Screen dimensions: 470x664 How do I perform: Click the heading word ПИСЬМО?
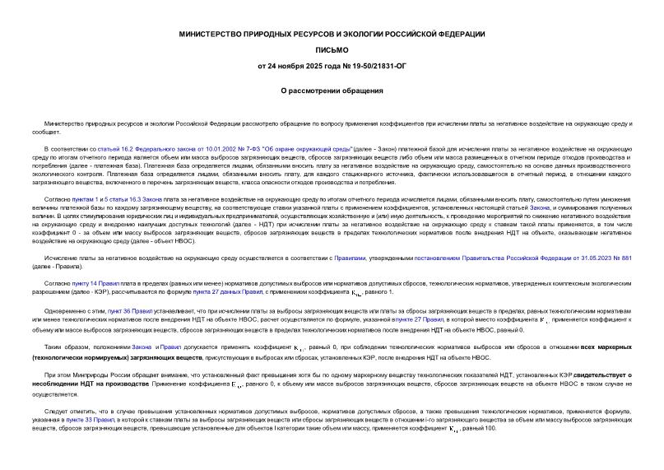point(332,49)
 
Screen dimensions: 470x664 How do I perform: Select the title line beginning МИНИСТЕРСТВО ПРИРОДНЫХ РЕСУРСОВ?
point(332,34)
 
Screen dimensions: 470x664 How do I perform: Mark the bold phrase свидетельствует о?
point(602,375)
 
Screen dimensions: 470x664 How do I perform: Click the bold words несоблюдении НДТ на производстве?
point(81,384)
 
